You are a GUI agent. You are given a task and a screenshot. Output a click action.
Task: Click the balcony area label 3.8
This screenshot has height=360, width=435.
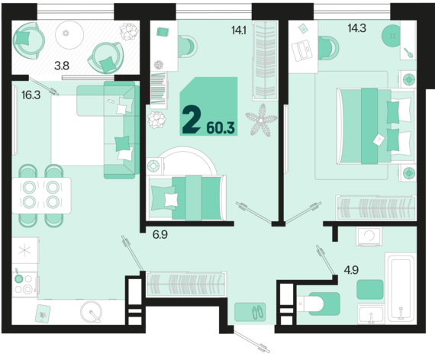pyautogui.click(x=62, y=66)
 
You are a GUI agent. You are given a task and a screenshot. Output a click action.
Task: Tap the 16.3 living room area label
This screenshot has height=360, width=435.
pyautogui.click(x=31, y=95)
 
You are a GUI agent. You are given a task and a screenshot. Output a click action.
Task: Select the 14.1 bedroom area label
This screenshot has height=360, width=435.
pyautogui.click(x=239, y=30)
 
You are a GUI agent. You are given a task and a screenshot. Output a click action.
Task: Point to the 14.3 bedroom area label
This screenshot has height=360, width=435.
pyautogui.click(x=357, y=28)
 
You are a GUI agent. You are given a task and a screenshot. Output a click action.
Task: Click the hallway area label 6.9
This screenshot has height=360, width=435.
pyautogui.click(x=160, y=235)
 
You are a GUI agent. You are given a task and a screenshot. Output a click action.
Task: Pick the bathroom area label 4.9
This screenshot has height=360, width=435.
pyautogui.click(x=351, y=269)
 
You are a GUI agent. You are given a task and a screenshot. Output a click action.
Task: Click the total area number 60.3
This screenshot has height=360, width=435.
pyautogui.click(x=221, y=128)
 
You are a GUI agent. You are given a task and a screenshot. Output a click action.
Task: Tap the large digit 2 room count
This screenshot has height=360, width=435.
pyautogui.click(x=191, y=121)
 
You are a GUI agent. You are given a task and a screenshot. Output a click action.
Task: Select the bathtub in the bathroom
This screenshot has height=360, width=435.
pyautogui.click(x=401, y=288)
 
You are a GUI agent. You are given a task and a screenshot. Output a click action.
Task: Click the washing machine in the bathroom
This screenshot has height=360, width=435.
pyautogui.click(x=369, y=236)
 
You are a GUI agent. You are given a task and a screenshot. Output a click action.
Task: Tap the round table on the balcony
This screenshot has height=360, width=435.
pyautogui.click(x=69, y=34)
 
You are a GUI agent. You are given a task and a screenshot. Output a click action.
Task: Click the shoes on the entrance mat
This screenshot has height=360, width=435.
pyautogui.click(x=258, y=312)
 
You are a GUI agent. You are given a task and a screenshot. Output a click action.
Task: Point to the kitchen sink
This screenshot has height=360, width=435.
pyautogui.click(x=92, y=312)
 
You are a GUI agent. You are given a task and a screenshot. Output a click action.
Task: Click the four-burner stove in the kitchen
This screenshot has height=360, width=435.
pyautogui.click(x=24, y=284)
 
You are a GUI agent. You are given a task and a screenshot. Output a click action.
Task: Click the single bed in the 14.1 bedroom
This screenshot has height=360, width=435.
pyautogui.click(x=187, y=198)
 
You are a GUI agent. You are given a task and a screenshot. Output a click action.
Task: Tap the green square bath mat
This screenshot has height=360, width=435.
pyautogui.click(x=370, y=289)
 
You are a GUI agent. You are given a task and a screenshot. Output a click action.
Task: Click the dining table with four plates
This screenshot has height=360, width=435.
pyautogui.click(x=41, y=195)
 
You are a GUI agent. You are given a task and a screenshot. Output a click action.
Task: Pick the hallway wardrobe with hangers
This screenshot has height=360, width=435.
pyautogui.click(x=186, y=284)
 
